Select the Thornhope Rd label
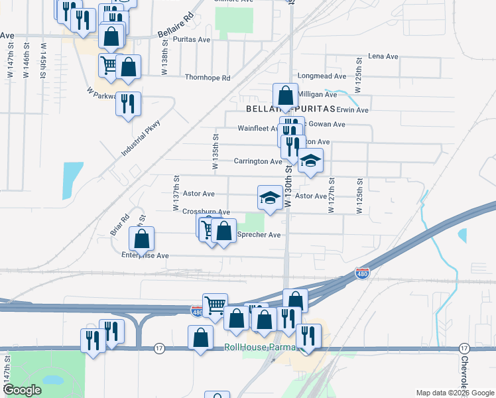point(208,78)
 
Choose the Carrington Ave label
point(258,161)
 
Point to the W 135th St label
point(216,152)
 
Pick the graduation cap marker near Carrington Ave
point(310,161)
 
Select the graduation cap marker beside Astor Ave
point(270,198)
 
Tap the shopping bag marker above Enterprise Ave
point(141,239)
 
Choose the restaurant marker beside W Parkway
point(128,104)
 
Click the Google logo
point(22,390)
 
